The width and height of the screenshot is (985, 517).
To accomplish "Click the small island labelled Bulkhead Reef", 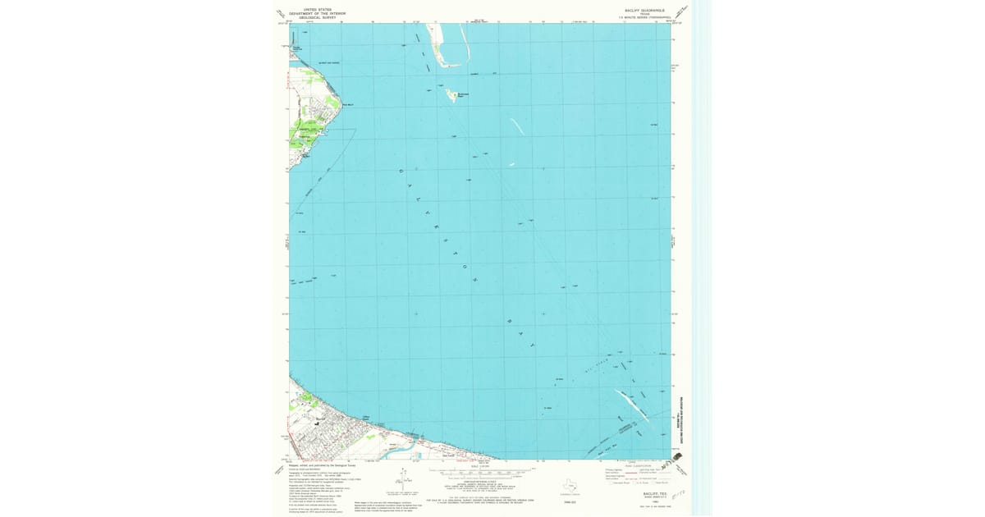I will [x=451, y=95].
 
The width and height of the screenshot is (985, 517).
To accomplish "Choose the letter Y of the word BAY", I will [x=531, y=345].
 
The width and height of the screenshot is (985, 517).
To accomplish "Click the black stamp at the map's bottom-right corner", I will [x=679, y=456].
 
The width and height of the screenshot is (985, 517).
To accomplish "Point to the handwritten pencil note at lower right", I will [x=678, y=494].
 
